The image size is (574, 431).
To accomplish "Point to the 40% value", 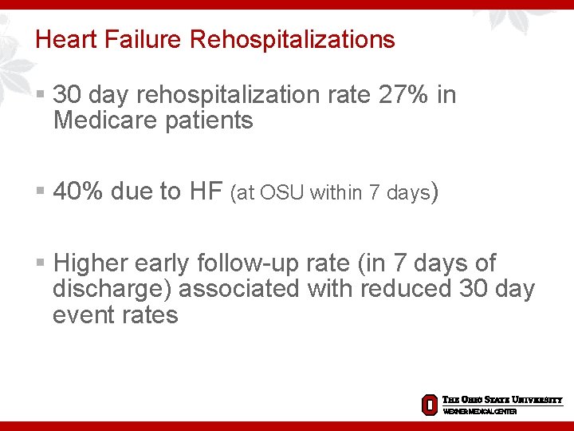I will [x=78, y=192].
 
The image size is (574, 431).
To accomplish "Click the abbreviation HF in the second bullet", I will [x=206, y=192].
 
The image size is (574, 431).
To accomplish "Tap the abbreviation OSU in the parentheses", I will [x=282, y=192].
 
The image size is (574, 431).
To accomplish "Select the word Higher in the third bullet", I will [x=90, y=263].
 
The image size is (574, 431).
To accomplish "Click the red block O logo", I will [x=429, y=405].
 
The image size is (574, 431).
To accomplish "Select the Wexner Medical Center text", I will [x=480, y=412].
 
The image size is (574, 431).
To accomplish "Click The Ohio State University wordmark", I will [x=502, y=400].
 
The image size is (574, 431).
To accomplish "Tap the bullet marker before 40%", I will [x=41, y=192].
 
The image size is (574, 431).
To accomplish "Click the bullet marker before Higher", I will [x=41, y=263].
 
